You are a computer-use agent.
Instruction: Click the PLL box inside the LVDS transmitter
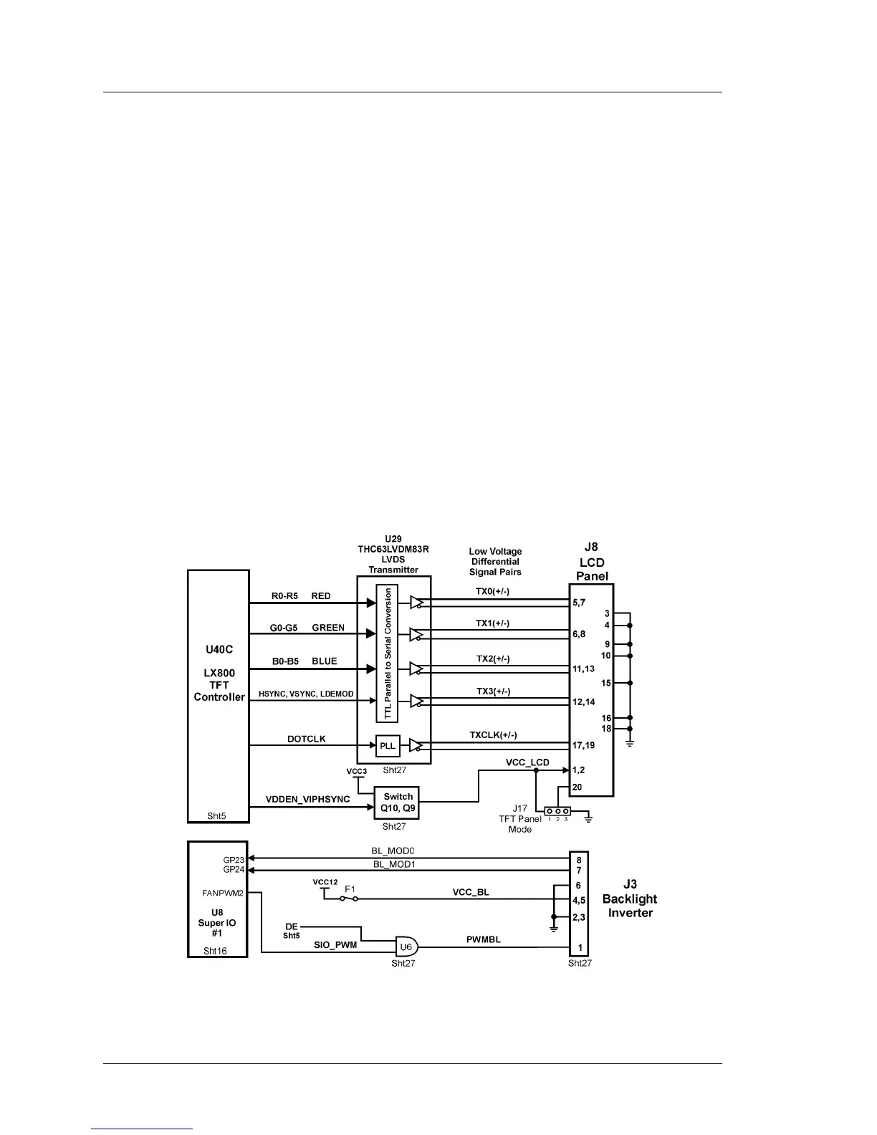[388, 746]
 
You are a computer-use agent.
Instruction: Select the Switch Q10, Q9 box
[397, 803]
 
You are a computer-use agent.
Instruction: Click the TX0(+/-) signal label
[492, 592]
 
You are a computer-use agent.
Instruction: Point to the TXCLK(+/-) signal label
[493, 735]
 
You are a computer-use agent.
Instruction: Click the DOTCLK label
[306, 739]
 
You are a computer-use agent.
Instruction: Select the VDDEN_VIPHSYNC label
[307, 799]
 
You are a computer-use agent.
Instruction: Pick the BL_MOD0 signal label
[393, 851]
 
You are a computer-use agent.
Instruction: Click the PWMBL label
[484, 939]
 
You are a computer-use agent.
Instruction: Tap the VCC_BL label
[471, 893]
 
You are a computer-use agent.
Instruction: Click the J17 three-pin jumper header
[557, 811]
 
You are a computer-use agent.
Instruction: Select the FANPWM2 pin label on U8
[223, 894]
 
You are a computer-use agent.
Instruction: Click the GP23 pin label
[234, 859]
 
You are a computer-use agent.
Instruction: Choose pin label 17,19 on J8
[583, 745]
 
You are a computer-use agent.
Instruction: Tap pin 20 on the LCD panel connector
[577, 787]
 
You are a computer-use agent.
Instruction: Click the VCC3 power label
[357, 771]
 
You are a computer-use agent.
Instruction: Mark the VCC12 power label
[325, 882]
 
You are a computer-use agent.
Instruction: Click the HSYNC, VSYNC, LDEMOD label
[306, 694]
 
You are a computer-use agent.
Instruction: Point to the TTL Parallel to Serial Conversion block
[388, 653]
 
